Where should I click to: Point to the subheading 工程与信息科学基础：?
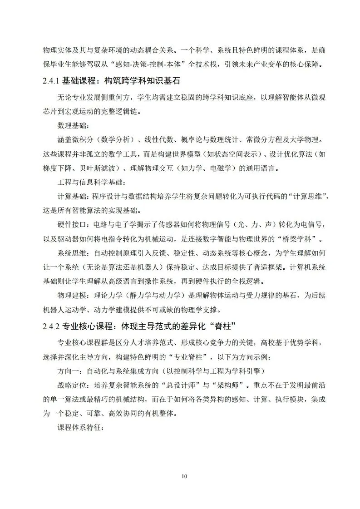point(89,183)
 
